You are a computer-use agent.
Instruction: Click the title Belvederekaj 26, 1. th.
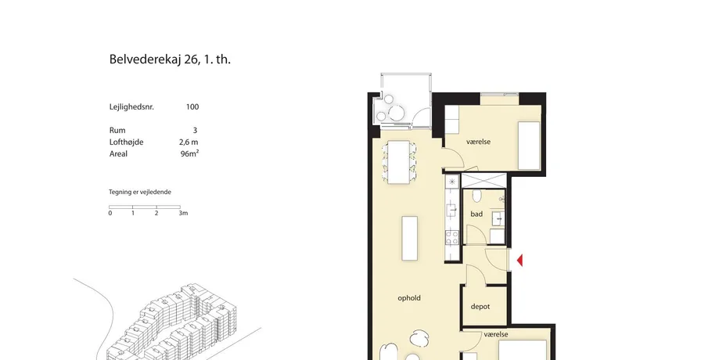170,59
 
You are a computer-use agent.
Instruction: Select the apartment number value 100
192,107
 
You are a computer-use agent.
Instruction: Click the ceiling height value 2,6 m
189,142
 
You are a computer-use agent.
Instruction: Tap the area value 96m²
189,153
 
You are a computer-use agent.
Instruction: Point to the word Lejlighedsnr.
131,107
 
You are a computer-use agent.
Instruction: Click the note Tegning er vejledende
140,192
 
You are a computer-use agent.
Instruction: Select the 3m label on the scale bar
183,213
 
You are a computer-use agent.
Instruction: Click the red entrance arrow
519,260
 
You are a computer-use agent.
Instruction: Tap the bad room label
476,214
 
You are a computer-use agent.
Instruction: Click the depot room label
480,307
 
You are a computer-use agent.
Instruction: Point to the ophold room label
409,298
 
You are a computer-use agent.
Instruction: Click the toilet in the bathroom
476,196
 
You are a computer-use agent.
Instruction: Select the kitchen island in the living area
409,238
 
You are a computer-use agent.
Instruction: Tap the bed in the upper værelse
529,146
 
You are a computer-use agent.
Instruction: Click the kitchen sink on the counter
451,210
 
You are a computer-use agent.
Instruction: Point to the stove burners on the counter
452,238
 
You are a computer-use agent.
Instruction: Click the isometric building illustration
171,323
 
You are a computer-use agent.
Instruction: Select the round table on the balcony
397,113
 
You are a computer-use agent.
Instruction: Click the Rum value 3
195,130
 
